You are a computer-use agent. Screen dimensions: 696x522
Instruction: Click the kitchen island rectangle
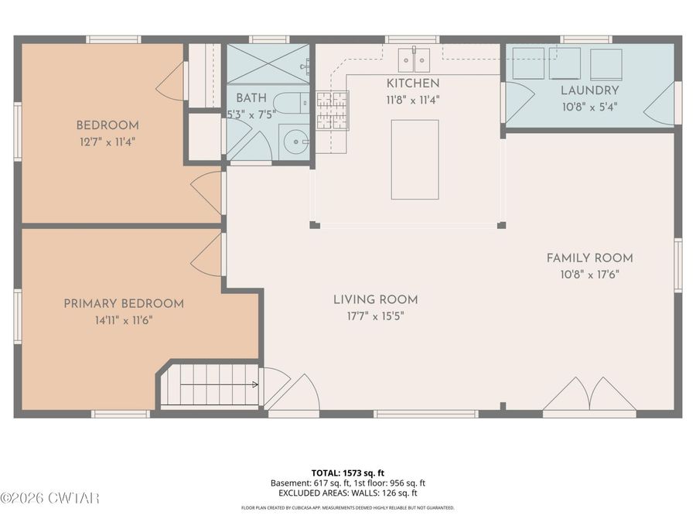[x=415, y=159]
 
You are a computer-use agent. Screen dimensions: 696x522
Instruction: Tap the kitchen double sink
[x=414, y=60]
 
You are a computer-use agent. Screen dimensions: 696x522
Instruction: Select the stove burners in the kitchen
[x=333, y=111]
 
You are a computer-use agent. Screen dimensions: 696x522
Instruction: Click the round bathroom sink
[x=296, y=142]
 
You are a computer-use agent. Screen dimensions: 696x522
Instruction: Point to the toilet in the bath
[x=291, y=103]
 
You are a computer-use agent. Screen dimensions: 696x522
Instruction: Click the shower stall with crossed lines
[x=268, y=64]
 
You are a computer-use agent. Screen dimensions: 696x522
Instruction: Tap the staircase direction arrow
[x=220, y=384]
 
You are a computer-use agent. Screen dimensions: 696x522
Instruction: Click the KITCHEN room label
[x=413, y=83]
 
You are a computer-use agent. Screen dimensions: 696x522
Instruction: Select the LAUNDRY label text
[x=589, y=90]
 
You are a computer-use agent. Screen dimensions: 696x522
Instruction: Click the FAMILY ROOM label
[x=589, y=258]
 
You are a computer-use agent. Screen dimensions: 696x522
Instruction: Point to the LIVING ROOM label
[x=376, y=299]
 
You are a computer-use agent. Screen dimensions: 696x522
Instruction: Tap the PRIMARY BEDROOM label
[x=124, y=304]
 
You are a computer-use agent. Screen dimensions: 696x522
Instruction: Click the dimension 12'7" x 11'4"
[x=107, y=142]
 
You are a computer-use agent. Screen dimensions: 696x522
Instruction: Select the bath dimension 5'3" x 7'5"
[x=251, y=114]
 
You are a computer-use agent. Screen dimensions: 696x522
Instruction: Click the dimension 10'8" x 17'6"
[x=589, y=275]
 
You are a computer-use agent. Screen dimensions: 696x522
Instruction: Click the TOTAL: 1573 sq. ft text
[x=347, y=473]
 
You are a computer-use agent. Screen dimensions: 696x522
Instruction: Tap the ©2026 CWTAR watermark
[x=49, y=498]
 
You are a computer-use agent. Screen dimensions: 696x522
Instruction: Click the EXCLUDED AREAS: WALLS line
[x=347, y=493]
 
